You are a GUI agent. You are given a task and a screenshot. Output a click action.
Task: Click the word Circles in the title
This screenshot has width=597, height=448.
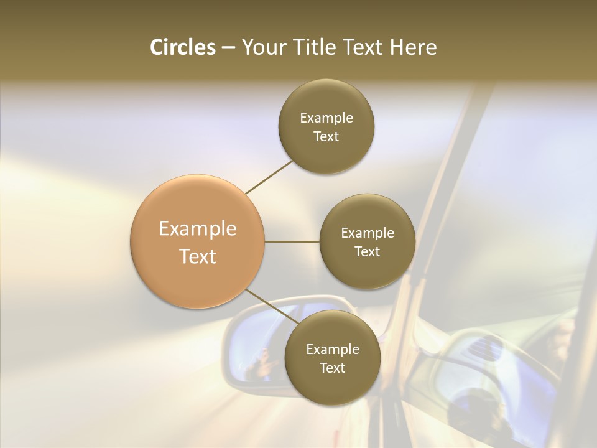182,47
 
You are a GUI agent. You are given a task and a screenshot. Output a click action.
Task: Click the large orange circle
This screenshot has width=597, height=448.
198,241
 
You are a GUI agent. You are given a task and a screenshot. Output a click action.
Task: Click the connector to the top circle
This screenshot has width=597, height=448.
269,177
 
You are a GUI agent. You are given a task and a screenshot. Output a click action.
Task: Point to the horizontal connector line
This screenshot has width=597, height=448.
292,241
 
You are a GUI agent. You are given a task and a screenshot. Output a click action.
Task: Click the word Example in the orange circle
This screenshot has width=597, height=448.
198,228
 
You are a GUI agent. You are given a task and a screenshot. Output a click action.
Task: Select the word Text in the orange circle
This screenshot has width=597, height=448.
198,256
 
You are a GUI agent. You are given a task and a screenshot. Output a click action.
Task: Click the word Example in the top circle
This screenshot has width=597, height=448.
326,118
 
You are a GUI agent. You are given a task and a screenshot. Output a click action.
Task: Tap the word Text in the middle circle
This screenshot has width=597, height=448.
367,251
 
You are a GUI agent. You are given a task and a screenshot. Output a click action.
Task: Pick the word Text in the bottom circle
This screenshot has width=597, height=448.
332,368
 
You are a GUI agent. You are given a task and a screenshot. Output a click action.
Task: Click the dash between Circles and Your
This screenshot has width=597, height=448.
228,47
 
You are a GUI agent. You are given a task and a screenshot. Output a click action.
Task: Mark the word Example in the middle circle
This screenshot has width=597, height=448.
368,233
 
